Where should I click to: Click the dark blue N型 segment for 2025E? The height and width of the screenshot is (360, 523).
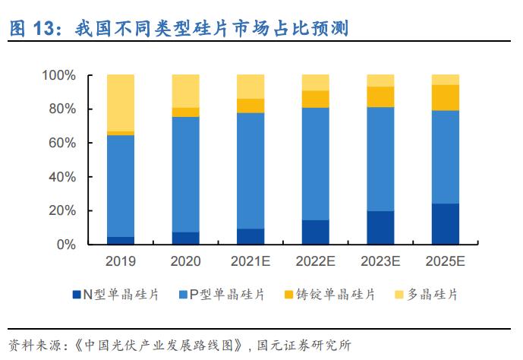point(446,224)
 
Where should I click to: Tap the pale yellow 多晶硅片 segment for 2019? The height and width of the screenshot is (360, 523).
point(121,103)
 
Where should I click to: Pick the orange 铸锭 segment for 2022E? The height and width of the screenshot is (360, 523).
point(316,99)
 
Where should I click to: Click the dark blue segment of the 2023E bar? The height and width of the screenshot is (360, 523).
point(380,228)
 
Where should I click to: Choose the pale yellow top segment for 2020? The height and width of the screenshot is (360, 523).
point(186,91)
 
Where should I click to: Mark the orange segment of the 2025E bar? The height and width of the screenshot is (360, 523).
point(446,97)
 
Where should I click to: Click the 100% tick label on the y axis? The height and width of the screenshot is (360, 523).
point(58,75)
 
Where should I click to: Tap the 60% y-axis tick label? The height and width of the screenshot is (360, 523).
point(61,143)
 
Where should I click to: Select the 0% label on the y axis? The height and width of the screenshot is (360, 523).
point(65,245)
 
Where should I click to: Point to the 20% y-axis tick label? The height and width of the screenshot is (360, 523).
point(61,210)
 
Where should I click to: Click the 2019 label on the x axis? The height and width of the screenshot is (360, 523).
point(121,262)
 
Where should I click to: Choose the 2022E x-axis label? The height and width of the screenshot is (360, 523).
point(316,262)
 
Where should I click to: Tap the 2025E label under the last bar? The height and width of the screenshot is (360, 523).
point(446,262)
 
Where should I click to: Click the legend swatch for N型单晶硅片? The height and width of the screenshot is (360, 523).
point(76,294)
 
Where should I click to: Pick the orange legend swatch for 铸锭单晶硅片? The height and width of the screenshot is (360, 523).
point(285,294)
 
